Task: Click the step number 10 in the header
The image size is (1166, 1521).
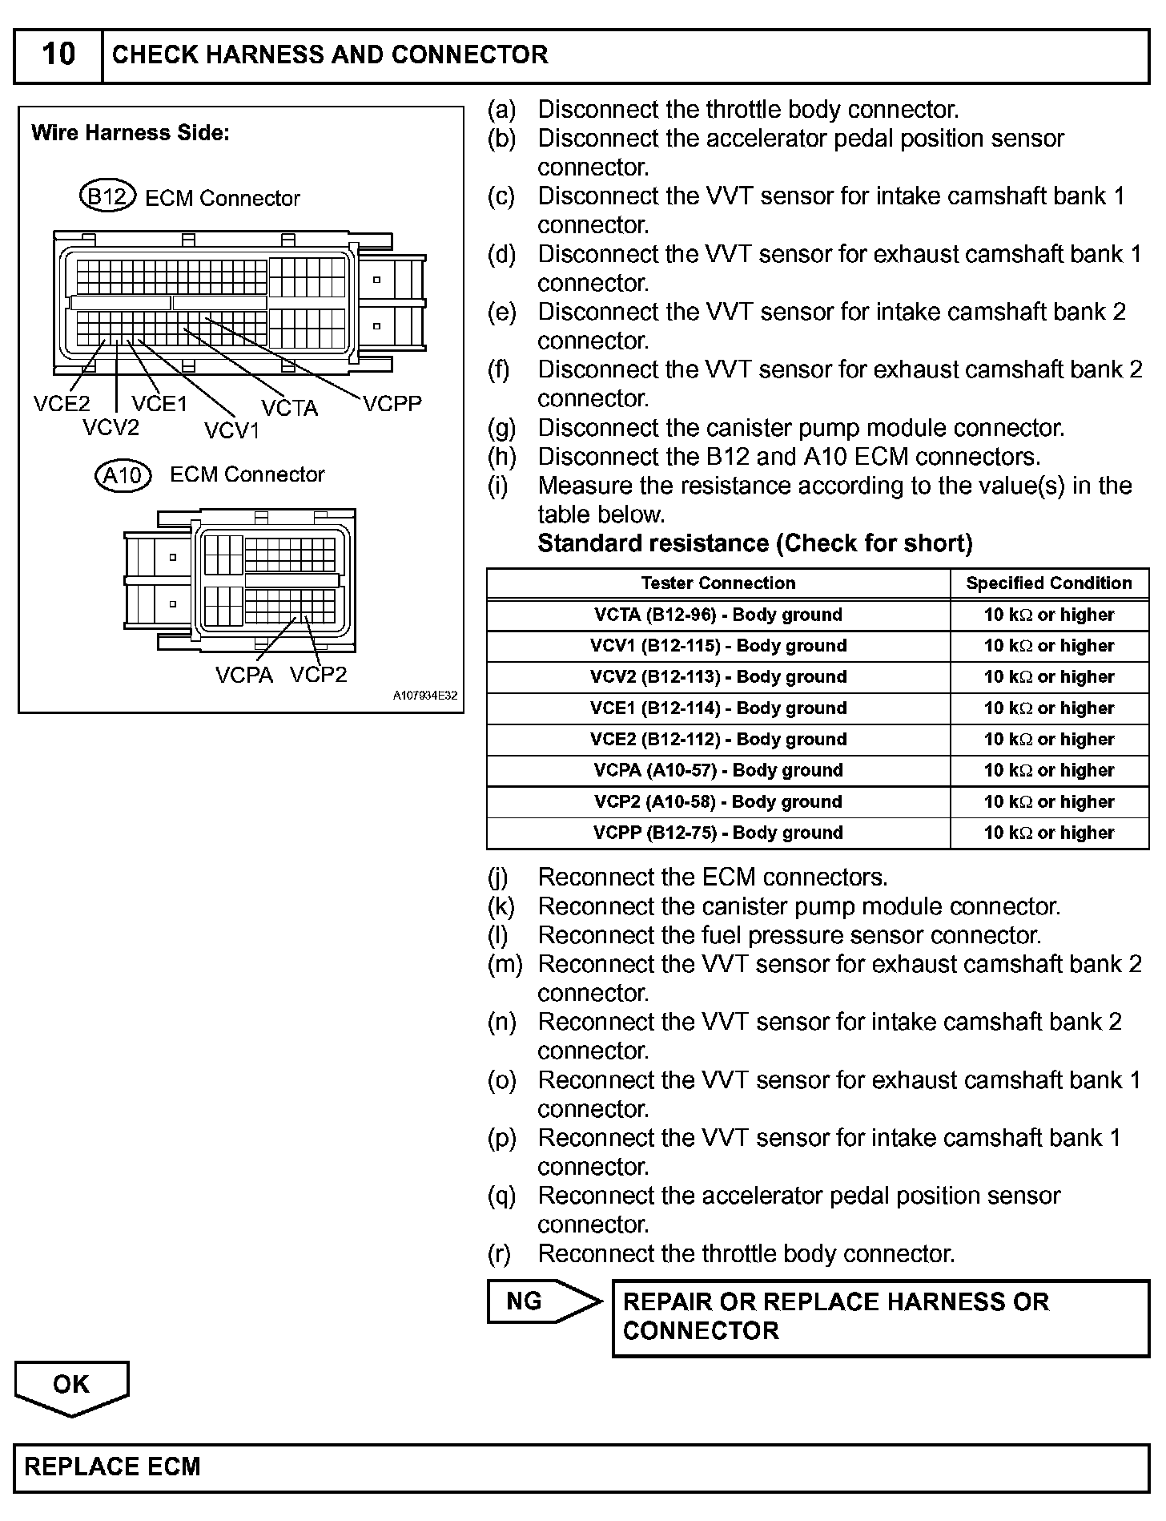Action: coord(58,54)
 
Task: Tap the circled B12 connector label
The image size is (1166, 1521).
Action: coord(107,196)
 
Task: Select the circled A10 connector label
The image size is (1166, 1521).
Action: coord(123,475)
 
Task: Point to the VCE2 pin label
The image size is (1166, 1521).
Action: coord(62,404)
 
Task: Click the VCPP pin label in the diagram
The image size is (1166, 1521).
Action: coord(392,404)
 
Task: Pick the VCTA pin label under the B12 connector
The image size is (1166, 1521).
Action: coord(289,409)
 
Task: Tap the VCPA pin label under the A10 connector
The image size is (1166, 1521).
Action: coord(243,676)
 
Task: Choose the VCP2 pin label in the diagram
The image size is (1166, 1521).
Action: coord(319,676)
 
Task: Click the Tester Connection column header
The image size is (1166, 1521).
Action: coord(718,583)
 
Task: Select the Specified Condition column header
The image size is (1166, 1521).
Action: coord(1049,583)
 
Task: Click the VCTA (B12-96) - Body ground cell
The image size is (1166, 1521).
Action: coord(718,615)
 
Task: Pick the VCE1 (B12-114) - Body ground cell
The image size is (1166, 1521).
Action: coord(718,708)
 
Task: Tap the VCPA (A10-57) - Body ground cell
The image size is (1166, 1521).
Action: coord(718,770)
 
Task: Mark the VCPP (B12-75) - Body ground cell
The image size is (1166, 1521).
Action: coord(718,833)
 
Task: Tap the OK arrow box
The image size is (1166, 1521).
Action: coord(71,1385)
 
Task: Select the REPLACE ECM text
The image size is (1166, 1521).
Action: coord(113,1467)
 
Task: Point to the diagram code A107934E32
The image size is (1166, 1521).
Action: coord(424,696)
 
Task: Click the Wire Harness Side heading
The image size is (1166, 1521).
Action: coord(131,133)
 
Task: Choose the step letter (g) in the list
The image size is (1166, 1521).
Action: coord(502,428)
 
